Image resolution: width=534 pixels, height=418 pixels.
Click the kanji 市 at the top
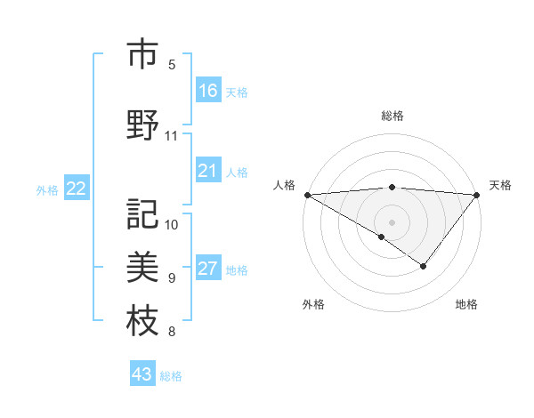pyautogui.click(x=142, y=55)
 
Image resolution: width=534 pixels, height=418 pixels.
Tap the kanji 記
pyautogui.click(x=142, y=213)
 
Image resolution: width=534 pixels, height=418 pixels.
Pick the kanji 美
pyautogui.click(x=142, y=266)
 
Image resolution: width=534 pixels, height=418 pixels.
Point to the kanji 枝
pyautogui.click(x=142, y=320)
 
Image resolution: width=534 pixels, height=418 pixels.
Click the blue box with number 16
pyautogui.click(x=208, y=91)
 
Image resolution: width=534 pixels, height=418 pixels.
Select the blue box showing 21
pyautogui.click(x=208, y=171)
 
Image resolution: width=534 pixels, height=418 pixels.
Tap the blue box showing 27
pyautogui.click(x=208, y=269)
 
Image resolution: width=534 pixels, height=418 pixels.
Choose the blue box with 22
pyautogui.click(x=77, y=189)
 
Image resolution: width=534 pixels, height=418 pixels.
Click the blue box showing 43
pyautogui.click(x=142, y=374)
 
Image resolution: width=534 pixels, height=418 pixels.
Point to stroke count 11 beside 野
pyautogui.click(x=172, y=136)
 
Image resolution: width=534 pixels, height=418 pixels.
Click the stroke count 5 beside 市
pyautogui.click(x=172, y=65)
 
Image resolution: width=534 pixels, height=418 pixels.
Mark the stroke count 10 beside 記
pyautogui.click(x=172, y=224)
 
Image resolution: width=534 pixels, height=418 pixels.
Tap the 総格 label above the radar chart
pyautogui.click(x=392, y=116)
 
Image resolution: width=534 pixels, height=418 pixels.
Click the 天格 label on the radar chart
pyautogui.click(x=500, y=185)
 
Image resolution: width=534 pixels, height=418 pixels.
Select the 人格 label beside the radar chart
pyautogui.click(x=284, y=185)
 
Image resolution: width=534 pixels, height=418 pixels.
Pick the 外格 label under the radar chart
pyautogui.click(x=313, y=304)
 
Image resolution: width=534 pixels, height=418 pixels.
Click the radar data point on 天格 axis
pyautogui.click(x=477, y=194)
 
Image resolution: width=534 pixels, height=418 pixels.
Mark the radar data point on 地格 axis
pyautogui.click(x=424, y=266)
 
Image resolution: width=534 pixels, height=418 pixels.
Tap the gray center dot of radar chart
pyautogui.click(x=392, y=221)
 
